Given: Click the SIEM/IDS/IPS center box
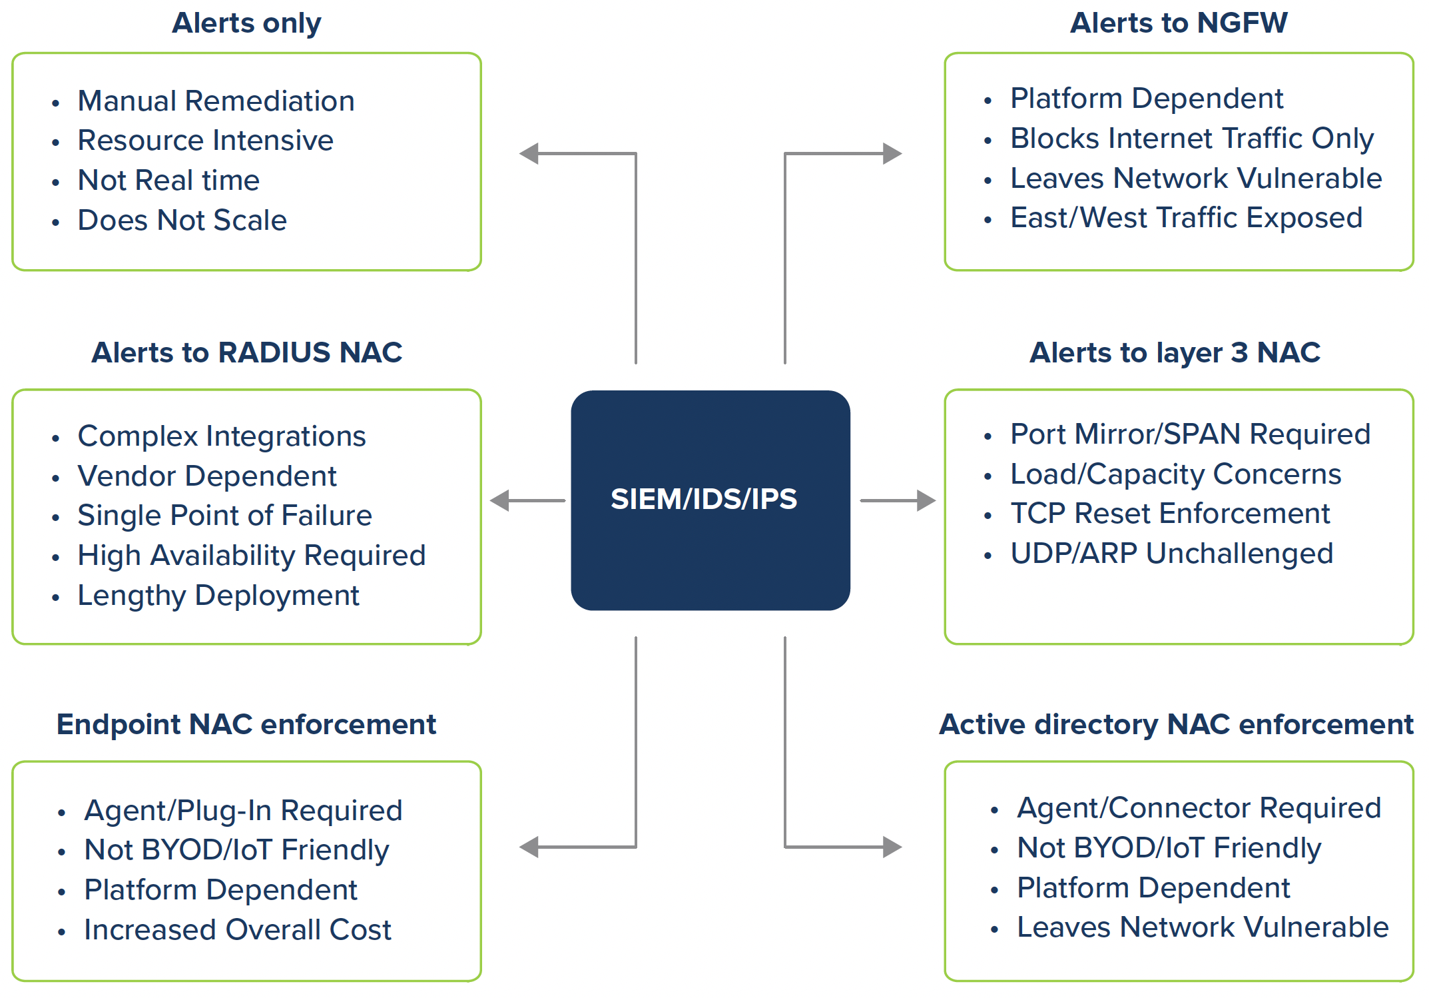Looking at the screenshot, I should (x=710, y=500).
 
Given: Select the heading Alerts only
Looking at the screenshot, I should (x=246, y=23).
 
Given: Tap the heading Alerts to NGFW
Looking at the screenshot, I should (x=1179, y=23).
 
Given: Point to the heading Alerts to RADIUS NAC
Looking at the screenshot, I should (x=246, y=352).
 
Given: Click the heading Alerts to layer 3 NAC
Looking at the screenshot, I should (x=1175, y=352).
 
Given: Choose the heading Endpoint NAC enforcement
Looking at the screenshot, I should (x=246, y=724).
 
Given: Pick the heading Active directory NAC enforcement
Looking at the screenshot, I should (x=1176, y=724).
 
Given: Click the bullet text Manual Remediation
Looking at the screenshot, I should (x=216, y=101).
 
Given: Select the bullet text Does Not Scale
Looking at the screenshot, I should (x=182, y=221).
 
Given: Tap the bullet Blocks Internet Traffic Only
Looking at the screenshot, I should (x=1192, y=139).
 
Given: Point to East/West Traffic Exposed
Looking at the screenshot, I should (x=1186, y=218).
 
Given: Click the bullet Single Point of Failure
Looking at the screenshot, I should (x=224, y=516).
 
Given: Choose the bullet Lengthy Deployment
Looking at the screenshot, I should (x=218, y=596).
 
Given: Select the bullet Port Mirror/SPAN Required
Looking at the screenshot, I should (x=1190, y=434).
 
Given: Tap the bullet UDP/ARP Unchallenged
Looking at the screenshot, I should (x=1171, y=554).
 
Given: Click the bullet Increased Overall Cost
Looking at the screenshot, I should (x=238, y=930).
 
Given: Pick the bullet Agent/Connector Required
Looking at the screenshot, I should (x=1199, y=808).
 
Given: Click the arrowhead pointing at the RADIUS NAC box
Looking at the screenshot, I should (x=500, y=500).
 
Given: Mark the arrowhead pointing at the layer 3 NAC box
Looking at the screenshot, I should (x=926, y=500).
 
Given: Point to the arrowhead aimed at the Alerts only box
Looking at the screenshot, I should (x=529, y=154).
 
